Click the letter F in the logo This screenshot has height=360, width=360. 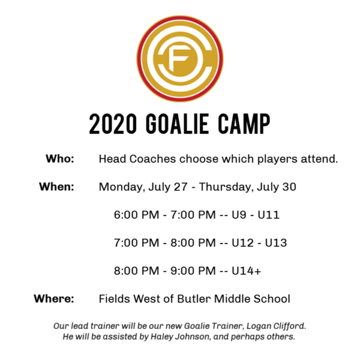(x=179, y=59)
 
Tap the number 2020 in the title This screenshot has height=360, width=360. (x=113, y=124)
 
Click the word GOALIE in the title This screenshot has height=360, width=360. (x=177, y=124)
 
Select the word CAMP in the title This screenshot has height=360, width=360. (x=244, y=124)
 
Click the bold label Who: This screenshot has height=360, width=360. (x=60, y=158)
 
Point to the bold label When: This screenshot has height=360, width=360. (x=57, y=187)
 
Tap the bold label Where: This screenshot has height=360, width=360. (x=54, y=299)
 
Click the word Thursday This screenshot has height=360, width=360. (x=227, y=187)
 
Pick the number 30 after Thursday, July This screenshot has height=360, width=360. (x=289, y=187)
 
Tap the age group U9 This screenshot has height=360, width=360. (x=239, y=215)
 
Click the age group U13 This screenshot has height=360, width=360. (x=276, y=243)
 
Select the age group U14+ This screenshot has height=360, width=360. (x=246, y=271)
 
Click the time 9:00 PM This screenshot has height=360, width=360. (x=193, y=271)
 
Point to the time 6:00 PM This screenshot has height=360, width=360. (x=136, y=215)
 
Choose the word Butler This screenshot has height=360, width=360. (x=194, y=299)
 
